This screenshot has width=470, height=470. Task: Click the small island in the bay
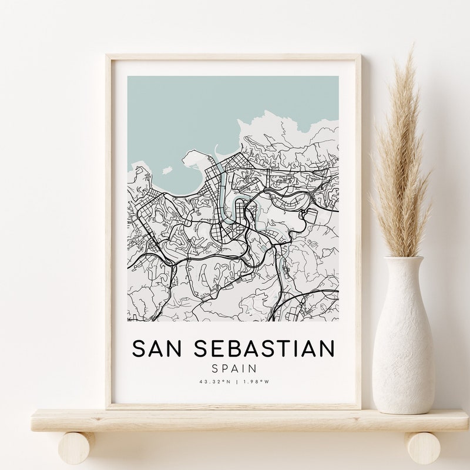click(x=166, y=170)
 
